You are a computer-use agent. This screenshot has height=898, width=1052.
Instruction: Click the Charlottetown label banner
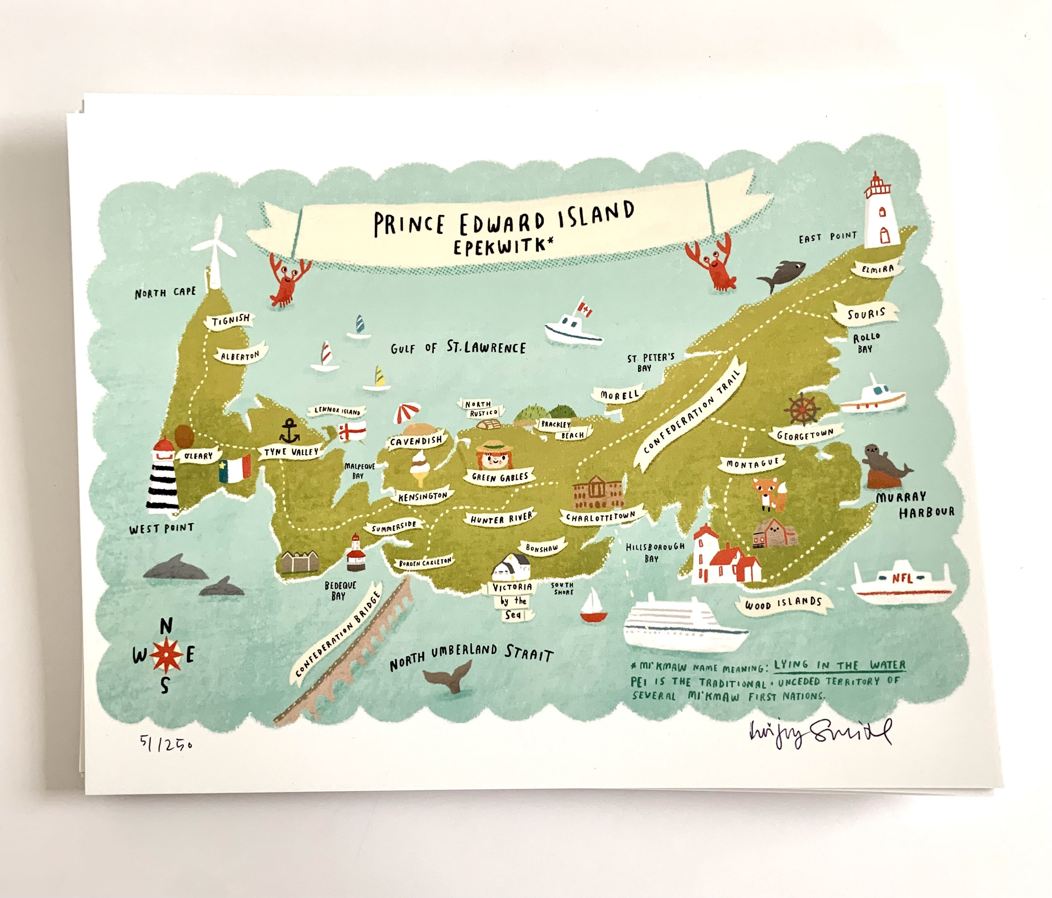(599, 517)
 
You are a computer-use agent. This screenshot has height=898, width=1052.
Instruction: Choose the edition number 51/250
(166, 744)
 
